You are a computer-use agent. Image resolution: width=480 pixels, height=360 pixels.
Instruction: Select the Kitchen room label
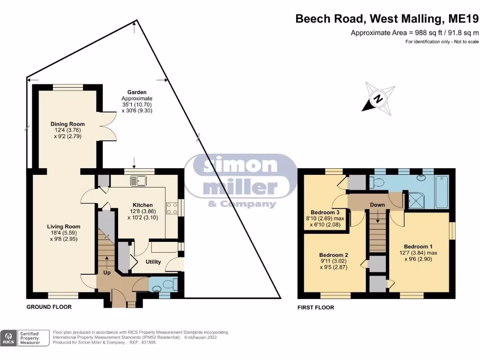click(x=142, y=205)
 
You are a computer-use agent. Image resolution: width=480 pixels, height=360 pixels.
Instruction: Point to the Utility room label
click(x=153, y=262)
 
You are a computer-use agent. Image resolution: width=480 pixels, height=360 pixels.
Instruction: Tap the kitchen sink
click(x=140, y=179)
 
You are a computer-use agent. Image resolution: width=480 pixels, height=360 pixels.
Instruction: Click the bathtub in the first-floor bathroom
click(x=442, y=192)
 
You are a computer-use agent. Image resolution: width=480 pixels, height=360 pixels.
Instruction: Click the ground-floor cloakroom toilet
click(x=171, y=284)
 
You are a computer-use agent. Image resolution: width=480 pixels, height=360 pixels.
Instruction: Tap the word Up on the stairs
click(x=106, y=272)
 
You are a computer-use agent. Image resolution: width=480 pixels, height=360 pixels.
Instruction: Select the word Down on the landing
click(x=377, y=205)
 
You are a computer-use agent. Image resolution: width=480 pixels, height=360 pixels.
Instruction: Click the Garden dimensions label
click(x=137, y=102)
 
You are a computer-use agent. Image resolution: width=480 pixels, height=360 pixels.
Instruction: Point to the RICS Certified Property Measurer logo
click(x=26, y=337)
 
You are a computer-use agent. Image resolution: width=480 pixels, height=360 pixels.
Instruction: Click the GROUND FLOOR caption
click(x=49, y=307)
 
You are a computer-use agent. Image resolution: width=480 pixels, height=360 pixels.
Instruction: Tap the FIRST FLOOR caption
click(x=316, y=307)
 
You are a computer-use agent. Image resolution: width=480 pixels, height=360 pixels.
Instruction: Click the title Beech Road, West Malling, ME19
click(x=387, y=19)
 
